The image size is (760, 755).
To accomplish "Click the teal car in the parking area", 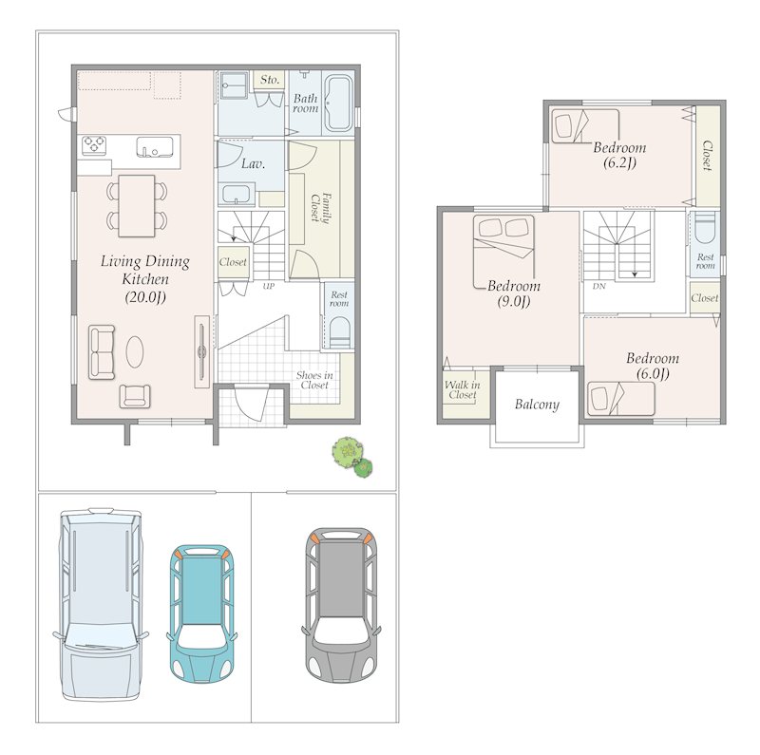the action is click(201, 614).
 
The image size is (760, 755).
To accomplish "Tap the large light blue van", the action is click(101, 604).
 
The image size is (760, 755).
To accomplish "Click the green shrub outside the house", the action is click(352, 457).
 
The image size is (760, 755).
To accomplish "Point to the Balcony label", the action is click(537, 405).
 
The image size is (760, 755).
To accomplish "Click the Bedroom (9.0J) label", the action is click(514, 293).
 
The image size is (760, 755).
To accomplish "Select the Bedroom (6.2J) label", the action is click(619, 155).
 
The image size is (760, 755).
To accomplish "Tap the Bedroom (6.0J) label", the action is click(653, 366).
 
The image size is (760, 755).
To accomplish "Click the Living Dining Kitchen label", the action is click(145, 278).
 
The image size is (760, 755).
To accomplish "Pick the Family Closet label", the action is click(320, 207).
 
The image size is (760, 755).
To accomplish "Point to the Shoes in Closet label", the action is click(314, 380).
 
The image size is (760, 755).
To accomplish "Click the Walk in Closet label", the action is click(463, 389).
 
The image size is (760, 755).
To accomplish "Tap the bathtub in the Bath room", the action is click(338, 104).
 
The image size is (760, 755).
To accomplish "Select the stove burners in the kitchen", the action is click(94, 144).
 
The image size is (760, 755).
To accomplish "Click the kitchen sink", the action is click(154, 147).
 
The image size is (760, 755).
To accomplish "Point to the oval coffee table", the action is click(135, 352).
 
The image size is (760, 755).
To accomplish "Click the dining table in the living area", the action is click(137, 206).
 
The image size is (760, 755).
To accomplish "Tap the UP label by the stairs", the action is click(269, 286).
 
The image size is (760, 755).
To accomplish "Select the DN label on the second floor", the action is click(599, 286).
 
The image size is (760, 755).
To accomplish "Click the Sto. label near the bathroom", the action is click(270, 80).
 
